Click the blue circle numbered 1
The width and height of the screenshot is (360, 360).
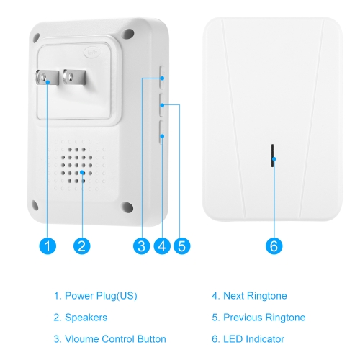tap(48, 246)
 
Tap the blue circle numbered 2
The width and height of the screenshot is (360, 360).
tap(82, 246)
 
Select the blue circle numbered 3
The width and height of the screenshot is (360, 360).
tap(142, 246)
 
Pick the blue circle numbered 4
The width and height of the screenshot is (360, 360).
tap(162, 246)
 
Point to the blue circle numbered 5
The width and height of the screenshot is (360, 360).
tap(182, 246)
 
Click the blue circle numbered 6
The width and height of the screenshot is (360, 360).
tap(274, 246)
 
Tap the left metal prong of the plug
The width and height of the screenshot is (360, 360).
tap(48, 77)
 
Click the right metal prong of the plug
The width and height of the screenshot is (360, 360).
tap(74, 77)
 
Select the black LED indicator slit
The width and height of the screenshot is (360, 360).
tap(272, 156)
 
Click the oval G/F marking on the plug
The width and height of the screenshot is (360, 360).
tap(92, 52)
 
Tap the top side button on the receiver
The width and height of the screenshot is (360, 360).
tap(162, 77)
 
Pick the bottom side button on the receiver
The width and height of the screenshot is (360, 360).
tap(161, 132)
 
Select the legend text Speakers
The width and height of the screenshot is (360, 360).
tap(86, 318)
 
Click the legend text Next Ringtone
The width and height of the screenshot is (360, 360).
tap(255, 296)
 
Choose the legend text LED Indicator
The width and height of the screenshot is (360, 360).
tap(253, 339)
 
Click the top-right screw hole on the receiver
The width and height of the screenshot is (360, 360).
tap(129, 34)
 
